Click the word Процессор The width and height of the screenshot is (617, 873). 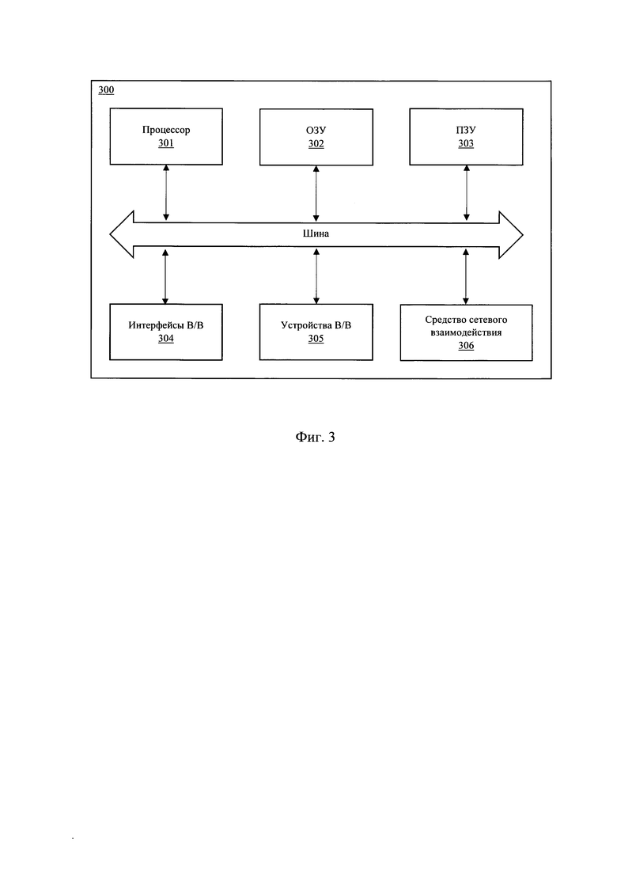166,131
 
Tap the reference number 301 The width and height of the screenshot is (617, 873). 166,143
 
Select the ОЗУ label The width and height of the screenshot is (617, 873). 316,131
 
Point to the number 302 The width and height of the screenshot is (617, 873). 316,143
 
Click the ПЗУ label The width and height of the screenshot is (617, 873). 466,131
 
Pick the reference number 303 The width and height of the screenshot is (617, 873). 466,143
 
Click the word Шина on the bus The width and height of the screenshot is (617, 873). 316,233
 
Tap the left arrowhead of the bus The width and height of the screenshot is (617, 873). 122,234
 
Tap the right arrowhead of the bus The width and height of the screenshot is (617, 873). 511,235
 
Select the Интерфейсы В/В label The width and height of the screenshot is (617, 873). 166,326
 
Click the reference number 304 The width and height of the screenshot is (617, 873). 166,339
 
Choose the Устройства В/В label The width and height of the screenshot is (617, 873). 316,326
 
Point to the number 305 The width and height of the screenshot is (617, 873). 316,339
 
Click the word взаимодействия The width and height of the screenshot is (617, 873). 466,333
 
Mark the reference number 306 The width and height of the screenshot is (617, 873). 466,346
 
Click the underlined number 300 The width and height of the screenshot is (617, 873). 106,90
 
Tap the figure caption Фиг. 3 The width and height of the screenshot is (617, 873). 315,437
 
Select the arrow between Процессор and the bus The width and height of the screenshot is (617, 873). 166,192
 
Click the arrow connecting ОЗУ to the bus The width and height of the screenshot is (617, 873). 316,193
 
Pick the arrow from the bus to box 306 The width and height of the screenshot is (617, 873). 466,276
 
